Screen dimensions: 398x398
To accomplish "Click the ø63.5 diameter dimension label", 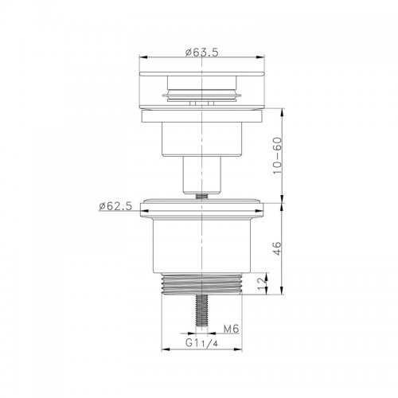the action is point(202,53).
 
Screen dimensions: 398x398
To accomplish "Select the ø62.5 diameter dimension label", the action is point(115,206).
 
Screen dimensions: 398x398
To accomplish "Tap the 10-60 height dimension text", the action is point(277,155).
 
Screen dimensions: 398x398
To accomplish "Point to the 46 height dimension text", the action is point(277,248).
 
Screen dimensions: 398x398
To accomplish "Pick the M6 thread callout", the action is point(232,329).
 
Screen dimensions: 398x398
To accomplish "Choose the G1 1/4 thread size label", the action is point(201,343).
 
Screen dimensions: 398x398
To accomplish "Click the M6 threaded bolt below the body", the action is point(202,310).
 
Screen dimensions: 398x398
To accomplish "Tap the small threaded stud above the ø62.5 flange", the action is point(202,196).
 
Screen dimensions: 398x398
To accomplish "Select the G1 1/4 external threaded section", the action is point(202,284).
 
